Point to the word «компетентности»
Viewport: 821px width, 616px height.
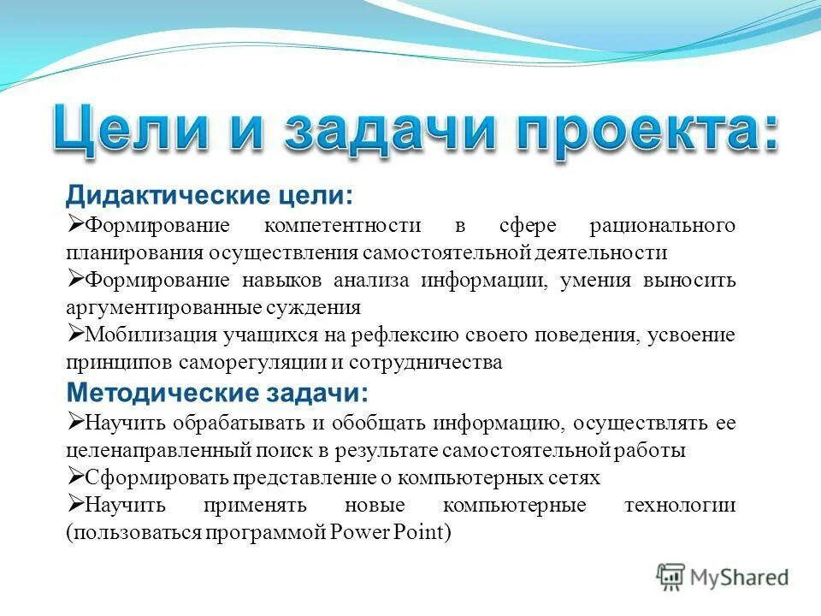[x=342, y=226]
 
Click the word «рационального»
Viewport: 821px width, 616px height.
[x=662, y=226]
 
